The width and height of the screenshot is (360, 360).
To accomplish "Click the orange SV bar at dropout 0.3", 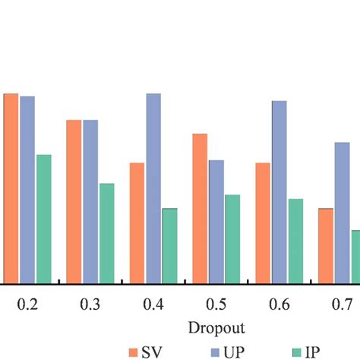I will click(74, 201).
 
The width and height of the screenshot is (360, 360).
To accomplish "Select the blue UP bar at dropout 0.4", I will click(153, 188).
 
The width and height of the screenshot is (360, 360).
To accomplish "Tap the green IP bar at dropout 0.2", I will click(43, 219).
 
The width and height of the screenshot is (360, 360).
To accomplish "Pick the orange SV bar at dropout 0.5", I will click(200, 208).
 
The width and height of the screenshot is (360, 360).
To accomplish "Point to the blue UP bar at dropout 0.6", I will click(279, 191).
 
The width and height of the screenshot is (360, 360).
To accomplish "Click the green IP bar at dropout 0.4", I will click(169, 245).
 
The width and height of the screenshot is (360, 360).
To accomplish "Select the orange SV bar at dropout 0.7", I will click(326, 245).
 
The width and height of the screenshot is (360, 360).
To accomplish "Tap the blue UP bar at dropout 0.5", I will click(216, 221).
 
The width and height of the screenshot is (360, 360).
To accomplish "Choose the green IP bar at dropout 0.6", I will click(295, 241).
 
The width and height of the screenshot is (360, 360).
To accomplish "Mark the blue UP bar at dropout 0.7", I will click(343, 213).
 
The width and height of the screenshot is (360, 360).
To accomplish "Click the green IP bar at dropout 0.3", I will click(106, 233).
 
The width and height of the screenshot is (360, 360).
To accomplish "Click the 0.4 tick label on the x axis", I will click(153, 305).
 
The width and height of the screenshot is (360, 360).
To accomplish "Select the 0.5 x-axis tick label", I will click(216, 305).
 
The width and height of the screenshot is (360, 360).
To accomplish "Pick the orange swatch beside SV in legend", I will click(135, 352).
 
